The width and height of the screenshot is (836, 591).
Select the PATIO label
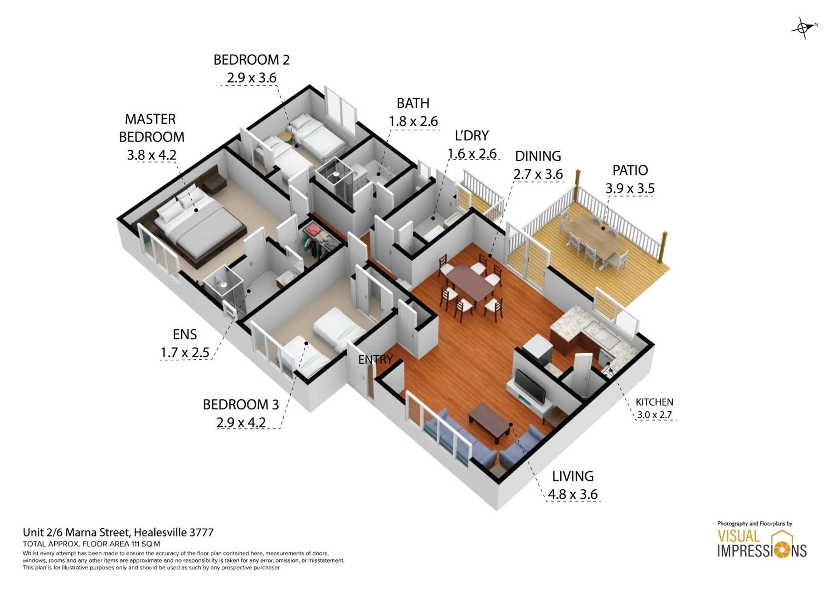tap(630, 171)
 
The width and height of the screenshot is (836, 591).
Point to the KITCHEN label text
tap(654, 402)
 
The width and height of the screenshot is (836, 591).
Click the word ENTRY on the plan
tap(375, 360)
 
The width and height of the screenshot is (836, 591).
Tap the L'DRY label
tap(472, 136)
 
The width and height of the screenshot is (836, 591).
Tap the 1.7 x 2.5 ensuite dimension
tap(185, 353)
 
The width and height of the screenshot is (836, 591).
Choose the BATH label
tap(413, 104)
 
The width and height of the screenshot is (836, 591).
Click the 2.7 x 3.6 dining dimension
tap(538, 174)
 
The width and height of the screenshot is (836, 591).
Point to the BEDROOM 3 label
tap(241, 405)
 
